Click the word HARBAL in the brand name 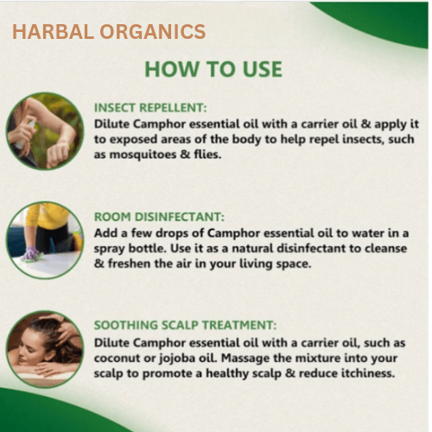pyautogui.click(x=54, y=31)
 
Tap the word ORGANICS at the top pyautogui.click(x=153, y=31)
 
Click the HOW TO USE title pyautogui.click(x=213, y=69)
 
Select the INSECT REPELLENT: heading pyautogui.click(x=150, y=108)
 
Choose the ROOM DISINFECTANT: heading pyautogui.click(x=159, y=217)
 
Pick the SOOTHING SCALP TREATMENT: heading pyautogui.click(x=185, y=325)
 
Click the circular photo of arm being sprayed pyautogui.click(x=45, y=131)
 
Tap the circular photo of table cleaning pyautogui.click(x=45, y=240)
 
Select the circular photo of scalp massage pyautogui.click(x=45, y=349)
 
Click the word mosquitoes pyautogui.click(x=143, y=155)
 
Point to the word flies pyautogui.click(x=207, y=155)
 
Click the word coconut pyautogui.click(x=117, y=359)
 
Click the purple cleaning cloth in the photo pyautogui.click(x=32, y=254)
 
